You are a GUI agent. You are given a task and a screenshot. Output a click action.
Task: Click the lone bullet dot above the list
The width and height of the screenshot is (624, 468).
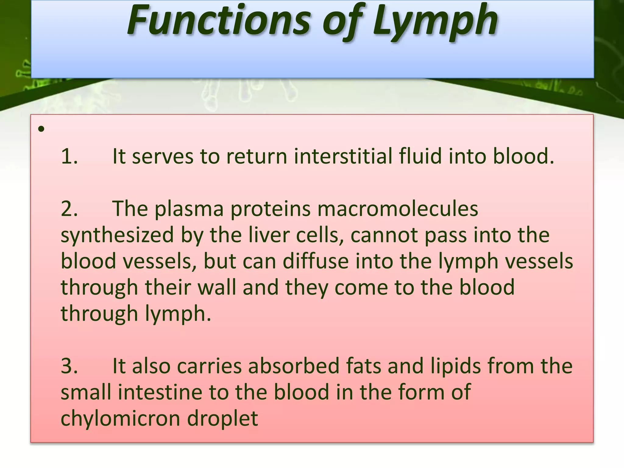point(41,129)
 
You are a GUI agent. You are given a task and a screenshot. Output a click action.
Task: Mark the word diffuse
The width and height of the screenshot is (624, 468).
point(316,261)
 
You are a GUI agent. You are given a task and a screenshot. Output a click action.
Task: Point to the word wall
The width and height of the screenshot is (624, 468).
point(217,288)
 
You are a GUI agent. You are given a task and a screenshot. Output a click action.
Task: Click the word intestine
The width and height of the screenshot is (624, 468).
point(160,392)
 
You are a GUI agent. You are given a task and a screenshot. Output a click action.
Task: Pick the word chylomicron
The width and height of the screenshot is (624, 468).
point(120,419)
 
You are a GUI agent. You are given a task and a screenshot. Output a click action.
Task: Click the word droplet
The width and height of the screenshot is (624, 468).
point(223,419)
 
